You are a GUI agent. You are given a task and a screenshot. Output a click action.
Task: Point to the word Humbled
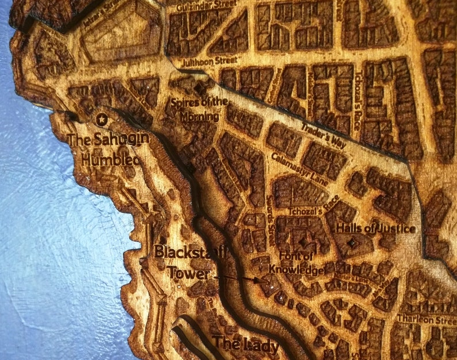(110, 159)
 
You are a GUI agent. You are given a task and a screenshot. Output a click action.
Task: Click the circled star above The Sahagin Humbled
(103, 119)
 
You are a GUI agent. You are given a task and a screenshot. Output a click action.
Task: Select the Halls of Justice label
(375, 228)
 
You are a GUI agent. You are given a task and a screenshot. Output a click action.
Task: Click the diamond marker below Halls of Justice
(352, 244)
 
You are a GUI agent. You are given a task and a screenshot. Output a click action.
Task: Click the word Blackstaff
(191, 252)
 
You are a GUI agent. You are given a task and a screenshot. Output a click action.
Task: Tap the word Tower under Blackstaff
(188, 273)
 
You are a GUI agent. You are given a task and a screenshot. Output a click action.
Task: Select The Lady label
(246, 346)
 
